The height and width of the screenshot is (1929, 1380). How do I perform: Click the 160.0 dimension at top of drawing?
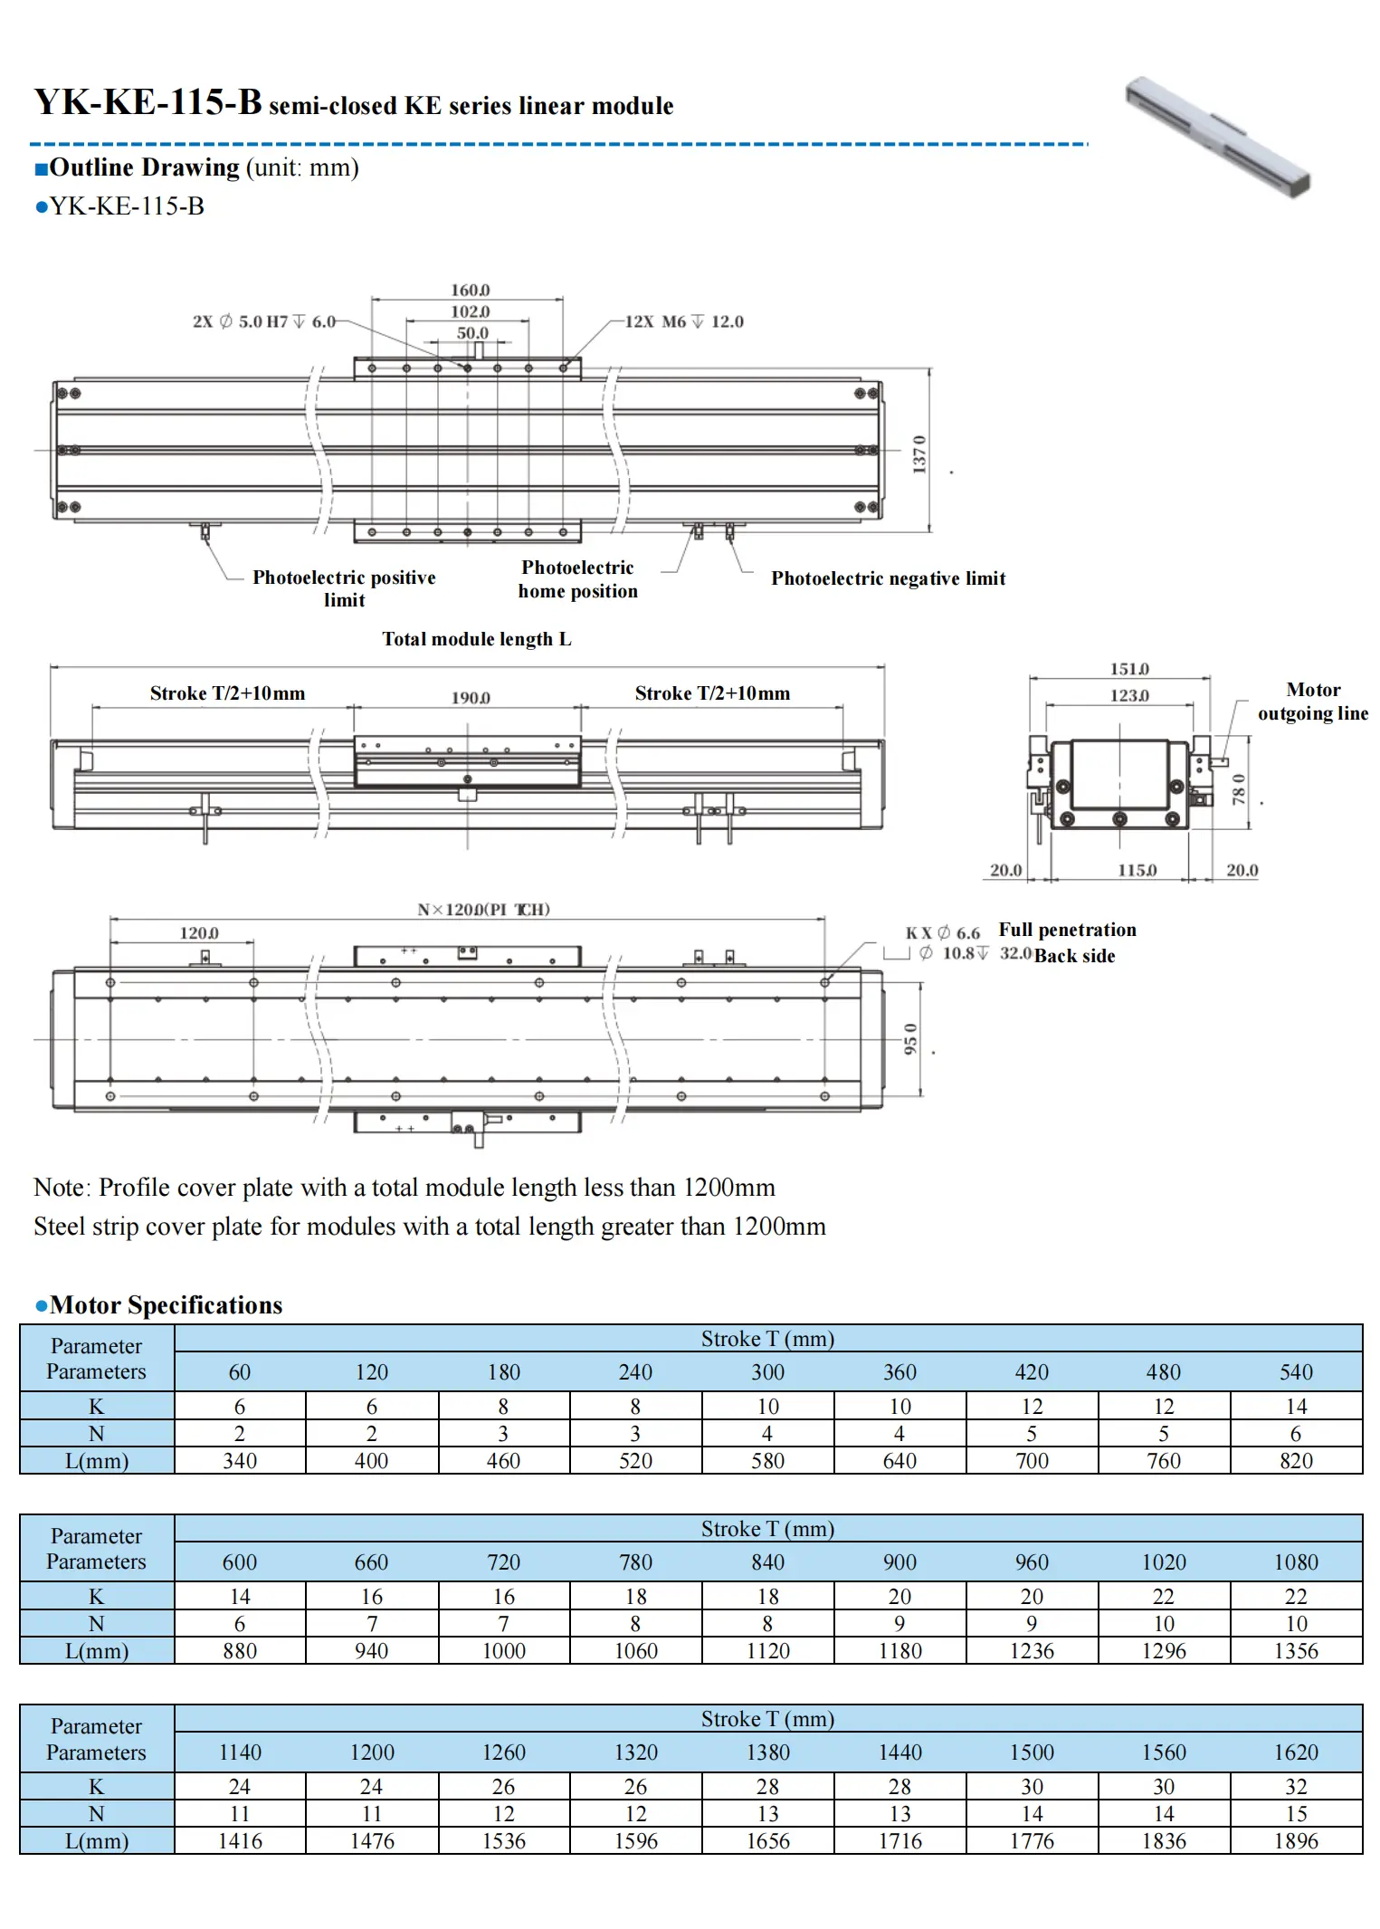pos(470,291)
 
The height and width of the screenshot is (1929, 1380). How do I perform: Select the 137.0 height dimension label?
pos(919,454)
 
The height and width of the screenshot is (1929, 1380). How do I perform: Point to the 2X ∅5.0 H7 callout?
pos(263,322)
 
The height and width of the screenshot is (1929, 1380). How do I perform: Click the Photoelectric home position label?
pos(577,579)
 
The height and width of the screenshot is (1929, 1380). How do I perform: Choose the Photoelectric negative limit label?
pos(888,578)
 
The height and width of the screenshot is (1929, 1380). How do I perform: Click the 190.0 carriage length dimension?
pos(471,698)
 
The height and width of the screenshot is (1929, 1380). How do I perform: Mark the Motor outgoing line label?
pos(1312,702)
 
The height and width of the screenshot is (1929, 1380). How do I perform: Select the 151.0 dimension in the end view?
pos(1129,670)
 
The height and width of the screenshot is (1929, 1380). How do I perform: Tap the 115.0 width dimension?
pos(1137,870)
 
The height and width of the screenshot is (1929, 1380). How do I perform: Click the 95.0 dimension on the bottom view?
pos(910,1038)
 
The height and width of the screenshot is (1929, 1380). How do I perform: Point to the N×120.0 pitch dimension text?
pos(483,910)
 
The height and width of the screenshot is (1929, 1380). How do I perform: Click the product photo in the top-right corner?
pos(1218,137)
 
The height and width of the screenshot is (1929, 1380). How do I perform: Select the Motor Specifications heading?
pos(166,1305)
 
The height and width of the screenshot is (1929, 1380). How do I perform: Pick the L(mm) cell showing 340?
pos(240,1461)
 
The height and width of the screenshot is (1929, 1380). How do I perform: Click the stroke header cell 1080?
pos(1296,1562)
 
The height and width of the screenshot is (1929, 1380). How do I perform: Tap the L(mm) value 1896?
pos(1296,1841)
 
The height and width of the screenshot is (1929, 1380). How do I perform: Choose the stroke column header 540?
pos(1296,1372)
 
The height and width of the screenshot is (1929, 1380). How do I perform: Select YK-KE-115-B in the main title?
pos(148,102)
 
